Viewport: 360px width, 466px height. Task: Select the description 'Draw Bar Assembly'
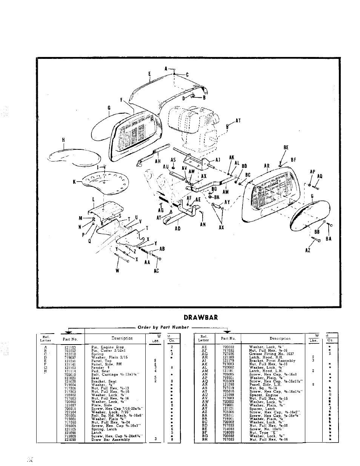(x=111, y=440)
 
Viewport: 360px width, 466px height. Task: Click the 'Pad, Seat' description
(x=101, y=371)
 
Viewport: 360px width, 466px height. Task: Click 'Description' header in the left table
(x=122, y=338)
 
